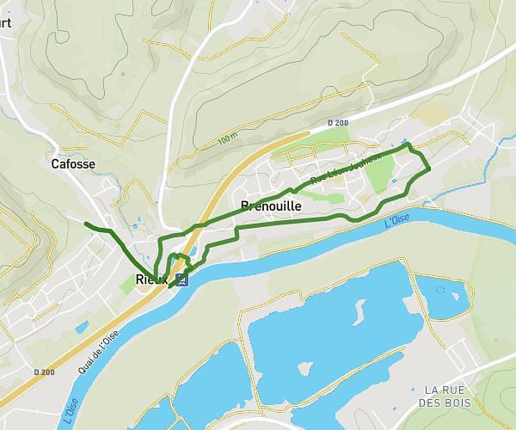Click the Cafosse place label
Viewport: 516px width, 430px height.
[73, 163]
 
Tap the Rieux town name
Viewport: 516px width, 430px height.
[151, 278]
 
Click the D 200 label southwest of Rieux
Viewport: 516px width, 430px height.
[44, 372]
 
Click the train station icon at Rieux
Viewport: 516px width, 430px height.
[181, 279]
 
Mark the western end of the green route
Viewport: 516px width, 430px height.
[85, 224]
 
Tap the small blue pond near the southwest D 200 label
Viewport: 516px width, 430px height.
[82, 327]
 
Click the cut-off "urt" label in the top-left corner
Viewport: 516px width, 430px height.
[6, 23]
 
